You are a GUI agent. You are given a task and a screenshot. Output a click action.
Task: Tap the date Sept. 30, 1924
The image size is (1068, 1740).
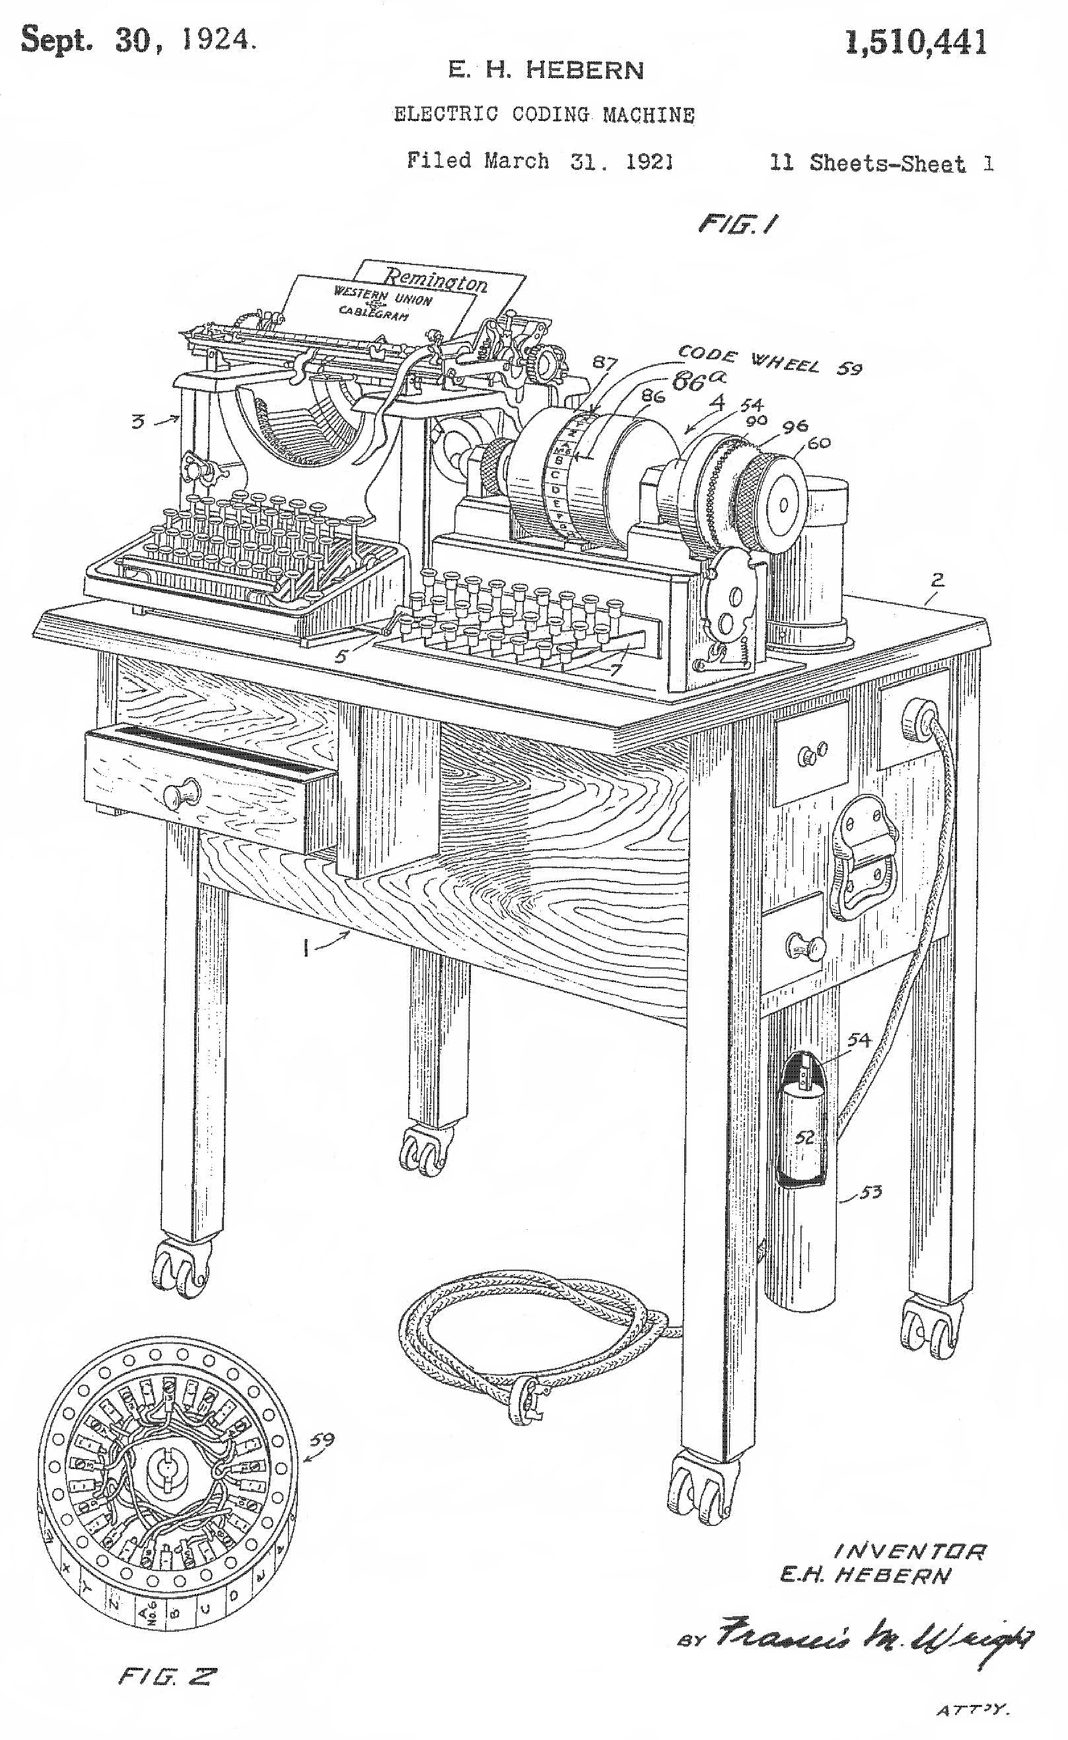[138, 40]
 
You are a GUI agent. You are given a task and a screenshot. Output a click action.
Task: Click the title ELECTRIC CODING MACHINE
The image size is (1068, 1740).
[544, 114]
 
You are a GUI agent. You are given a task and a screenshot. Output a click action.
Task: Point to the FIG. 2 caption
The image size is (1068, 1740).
[167, 1677]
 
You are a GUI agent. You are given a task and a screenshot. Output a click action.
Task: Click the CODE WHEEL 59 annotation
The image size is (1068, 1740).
[769, 361]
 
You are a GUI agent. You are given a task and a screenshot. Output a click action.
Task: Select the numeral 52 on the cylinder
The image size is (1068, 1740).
[804, 1137]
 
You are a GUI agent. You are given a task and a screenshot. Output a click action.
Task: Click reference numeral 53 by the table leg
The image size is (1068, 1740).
[871, 1193]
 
